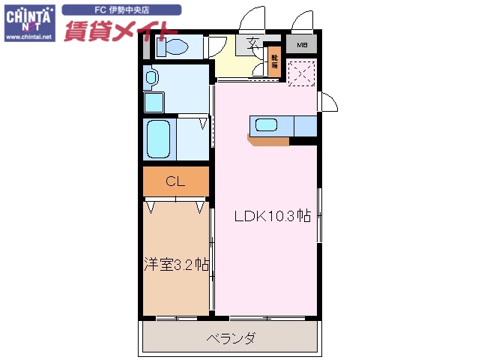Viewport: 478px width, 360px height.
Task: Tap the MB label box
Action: [301, 45]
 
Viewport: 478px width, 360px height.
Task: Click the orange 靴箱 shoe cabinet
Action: [274, 62]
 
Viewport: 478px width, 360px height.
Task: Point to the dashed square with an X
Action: [303, 73]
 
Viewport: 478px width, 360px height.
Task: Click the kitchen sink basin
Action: [267, 125]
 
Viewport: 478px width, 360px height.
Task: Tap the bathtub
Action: [159, 139]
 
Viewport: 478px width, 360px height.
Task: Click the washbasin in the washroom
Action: [151, 77]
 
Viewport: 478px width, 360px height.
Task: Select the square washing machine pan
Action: [154, 101]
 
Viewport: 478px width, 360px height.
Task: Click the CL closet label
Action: [175, 181]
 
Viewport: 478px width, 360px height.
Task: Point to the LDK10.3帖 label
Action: [273, 217]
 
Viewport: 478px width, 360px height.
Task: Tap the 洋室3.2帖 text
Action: [176, 264]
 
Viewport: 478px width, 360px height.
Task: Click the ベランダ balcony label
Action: [231, 339]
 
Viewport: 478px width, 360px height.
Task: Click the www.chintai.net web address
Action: [28, 36]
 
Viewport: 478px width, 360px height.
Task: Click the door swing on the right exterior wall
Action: [327, 103]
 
